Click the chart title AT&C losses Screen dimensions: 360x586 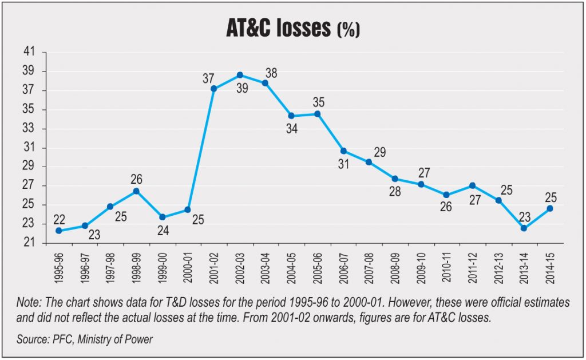pos(278,27)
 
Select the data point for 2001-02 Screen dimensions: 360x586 pos(213,89)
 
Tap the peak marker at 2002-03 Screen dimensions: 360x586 pos(240,75)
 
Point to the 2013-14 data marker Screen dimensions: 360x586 pos(524,228)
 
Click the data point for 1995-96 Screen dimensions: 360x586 pos(59,231)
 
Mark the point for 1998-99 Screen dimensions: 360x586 pos(136,191)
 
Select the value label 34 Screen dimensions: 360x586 pos(292,129)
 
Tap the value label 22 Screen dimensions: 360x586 pos(59,220)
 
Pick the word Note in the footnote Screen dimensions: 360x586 pos(28,302)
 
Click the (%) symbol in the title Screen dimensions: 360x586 pos(347,30)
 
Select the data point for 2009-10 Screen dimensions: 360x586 pos(421,184)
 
